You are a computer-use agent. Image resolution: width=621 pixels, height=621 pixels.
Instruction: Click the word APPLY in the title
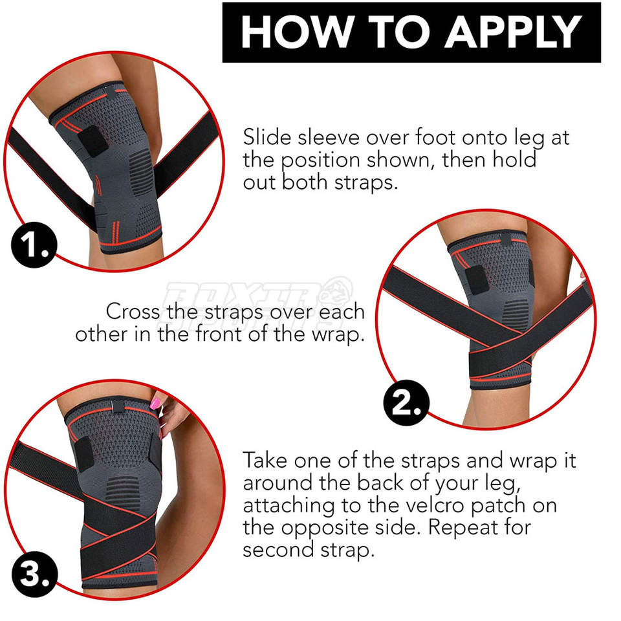click(513, 32)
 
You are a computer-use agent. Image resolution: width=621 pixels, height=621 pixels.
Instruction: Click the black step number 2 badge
click(406, 403)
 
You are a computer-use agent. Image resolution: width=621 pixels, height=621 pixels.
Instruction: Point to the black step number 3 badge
click(34, 574)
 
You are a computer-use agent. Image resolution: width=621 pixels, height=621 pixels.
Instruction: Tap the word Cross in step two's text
click(133, 311)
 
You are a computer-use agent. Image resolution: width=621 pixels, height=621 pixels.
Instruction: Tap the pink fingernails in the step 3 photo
click(156, 404)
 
